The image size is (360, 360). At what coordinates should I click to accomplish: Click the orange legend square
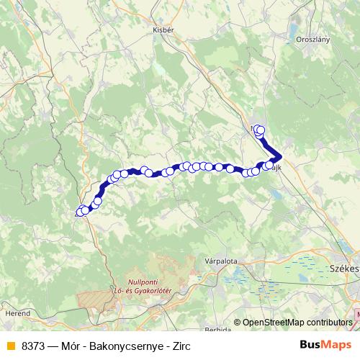10,346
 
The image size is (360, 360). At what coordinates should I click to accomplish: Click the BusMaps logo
324,345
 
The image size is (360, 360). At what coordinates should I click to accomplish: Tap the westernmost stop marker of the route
80,212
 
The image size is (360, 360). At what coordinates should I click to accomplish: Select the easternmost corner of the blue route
280,157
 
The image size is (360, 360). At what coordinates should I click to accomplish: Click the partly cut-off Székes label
343,267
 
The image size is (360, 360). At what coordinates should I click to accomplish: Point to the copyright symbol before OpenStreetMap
238,323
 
